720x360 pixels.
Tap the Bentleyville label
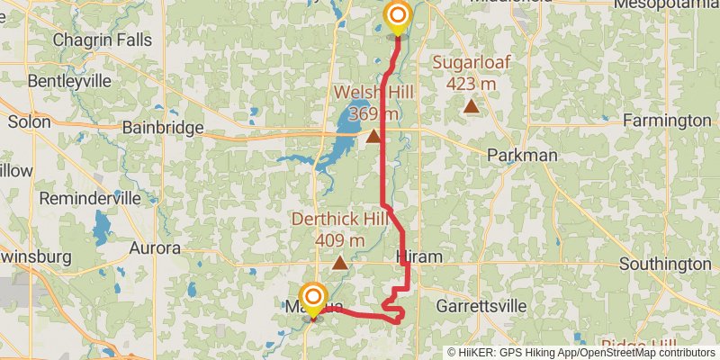click(x=68, y=81)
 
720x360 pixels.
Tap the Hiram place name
click(x=419, y=257)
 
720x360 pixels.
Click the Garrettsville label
click(x=481, y=306)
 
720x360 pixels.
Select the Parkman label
click(x=522, y=156)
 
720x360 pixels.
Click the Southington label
click(x=665, y=265)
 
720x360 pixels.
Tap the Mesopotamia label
click(x=665, y=4)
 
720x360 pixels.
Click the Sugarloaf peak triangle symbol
click(x=471, y=107)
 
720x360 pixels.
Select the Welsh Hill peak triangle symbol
click(x=373, y=137)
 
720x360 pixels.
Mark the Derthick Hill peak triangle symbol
click(x=339, y=263)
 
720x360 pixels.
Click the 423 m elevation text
click(x=471, y=84)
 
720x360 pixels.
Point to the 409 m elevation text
click(x=339, y=240)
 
